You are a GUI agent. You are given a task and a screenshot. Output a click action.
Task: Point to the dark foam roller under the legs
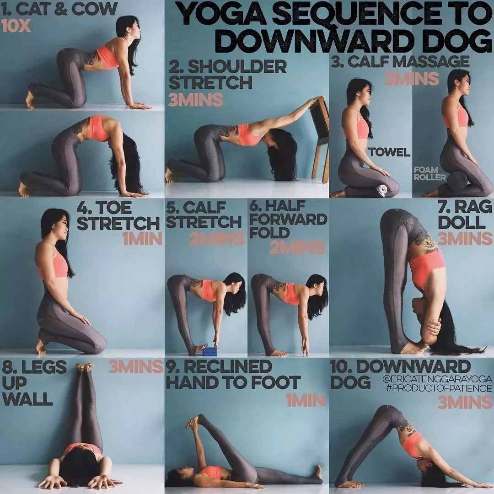pyautogui.click(x=457, y=180)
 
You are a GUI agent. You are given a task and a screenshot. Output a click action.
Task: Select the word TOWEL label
pyautogui.click(x=390, y=152)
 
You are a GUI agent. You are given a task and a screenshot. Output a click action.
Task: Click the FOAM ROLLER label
pyautogui.click(x=430, y=174)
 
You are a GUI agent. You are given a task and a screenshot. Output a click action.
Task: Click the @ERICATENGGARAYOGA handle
pyautogui.click(x=437, y=379)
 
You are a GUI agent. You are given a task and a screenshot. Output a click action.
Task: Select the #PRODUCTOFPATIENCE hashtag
pyautogui.click(x=439, y=388)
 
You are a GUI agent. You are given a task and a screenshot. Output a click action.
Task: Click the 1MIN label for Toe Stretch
pyautogui.click(x=142, y=239)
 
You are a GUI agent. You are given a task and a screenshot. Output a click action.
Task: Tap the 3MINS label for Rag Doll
pyautogui.click(x=465, y=238)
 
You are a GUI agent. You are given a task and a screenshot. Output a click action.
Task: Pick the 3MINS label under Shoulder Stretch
pyautogui.click(x=196, y=100)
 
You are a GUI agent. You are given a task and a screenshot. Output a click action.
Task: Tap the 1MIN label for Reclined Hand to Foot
pyautogui.click(x=306, y=400)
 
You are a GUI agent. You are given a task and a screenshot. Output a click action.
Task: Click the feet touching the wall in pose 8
pyautogui.click(x=85, y=367)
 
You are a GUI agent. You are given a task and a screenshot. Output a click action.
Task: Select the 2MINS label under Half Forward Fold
pyautogui.click(x=297, y=247)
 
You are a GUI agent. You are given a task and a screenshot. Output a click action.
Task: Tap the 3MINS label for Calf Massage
pyautogui.click(x=412, y=79)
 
